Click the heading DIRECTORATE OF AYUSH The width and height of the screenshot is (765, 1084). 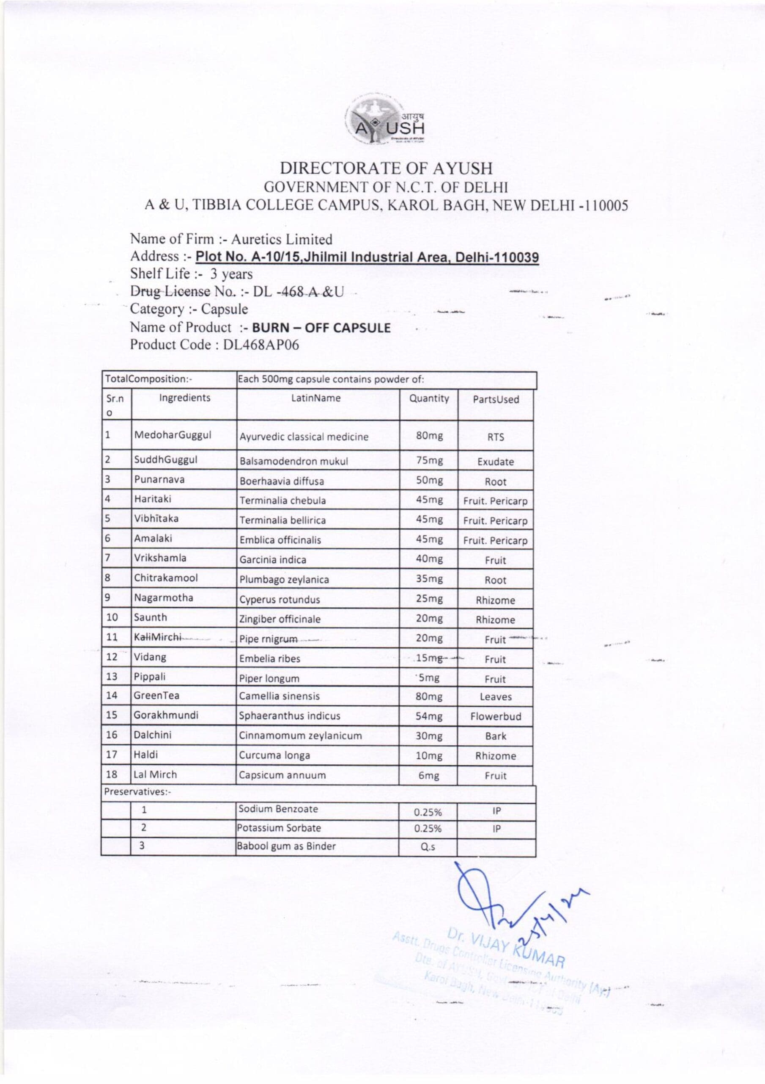(x=386, y=169)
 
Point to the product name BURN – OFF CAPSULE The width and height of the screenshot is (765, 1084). (x=321, y=328)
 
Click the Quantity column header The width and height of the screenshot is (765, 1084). (x=429, y=398)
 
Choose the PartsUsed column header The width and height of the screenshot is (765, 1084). (x=496, y=399)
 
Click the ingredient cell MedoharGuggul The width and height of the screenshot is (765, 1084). (x=172, y=435)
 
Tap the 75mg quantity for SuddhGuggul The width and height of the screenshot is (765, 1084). (x=429, y=461)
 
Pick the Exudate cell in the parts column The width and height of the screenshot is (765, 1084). (x=495, y=462)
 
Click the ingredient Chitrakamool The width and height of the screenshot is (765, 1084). (x=165, y=578)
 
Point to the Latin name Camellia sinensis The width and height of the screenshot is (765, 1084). (x=279, y=697)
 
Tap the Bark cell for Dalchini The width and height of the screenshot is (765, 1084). (x=495, y=736)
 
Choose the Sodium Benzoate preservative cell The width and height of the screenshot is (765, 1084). (x=278, y=809)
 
